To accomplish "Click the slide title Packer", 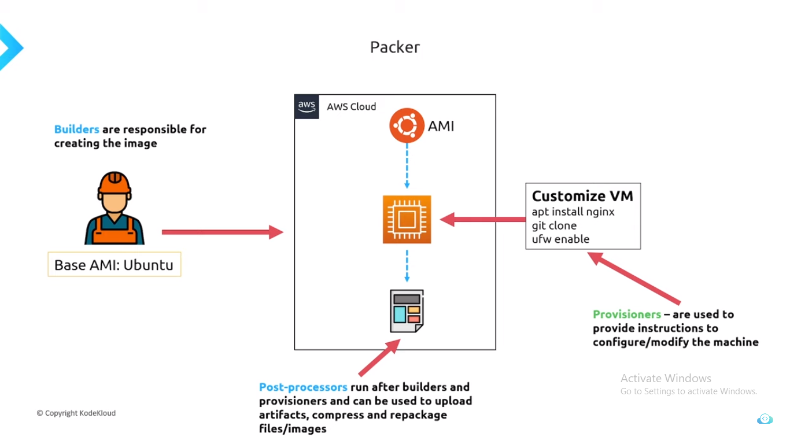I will (x=395, y=47).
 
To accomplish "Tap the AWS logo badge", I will (x=307, y=106).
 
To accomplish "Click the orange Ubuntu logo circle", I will (x=407, y=125).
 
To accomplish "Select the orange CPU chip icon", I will (x=407, y=219).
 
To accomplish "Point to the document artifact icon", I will (x=407, y=310).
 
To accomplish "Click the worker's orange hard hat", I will (x=114, y=183).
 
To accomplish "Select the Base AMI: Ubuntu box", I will (x=114, y=265).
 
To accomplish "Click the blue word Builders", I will (x=76, y=129).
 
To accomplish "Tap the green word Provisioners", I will (x=626, y=314).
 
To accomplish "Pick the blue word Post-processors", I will (x=303, y=387).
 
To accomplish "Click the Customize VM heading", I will (x=582, y=196).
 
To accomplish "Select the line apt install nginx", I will (x=573, y=212).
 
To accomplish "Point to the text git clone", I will (x=554, y=225).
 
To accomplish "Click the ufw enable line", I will (x=560, y=239).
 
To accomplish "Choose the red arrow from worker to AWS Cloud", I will (x=222, y=232).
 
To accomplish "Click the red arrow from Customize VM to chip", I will (x=483, y=220).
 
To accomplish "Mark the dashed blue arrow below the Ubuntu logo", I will (x=407, y=166).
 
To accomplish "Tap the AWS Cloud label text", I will (x=351, y=106).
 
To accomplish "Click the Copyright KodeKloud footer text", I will (x=76, y=413).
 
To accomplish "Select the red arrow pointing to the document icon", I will (x=379, y=358).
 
